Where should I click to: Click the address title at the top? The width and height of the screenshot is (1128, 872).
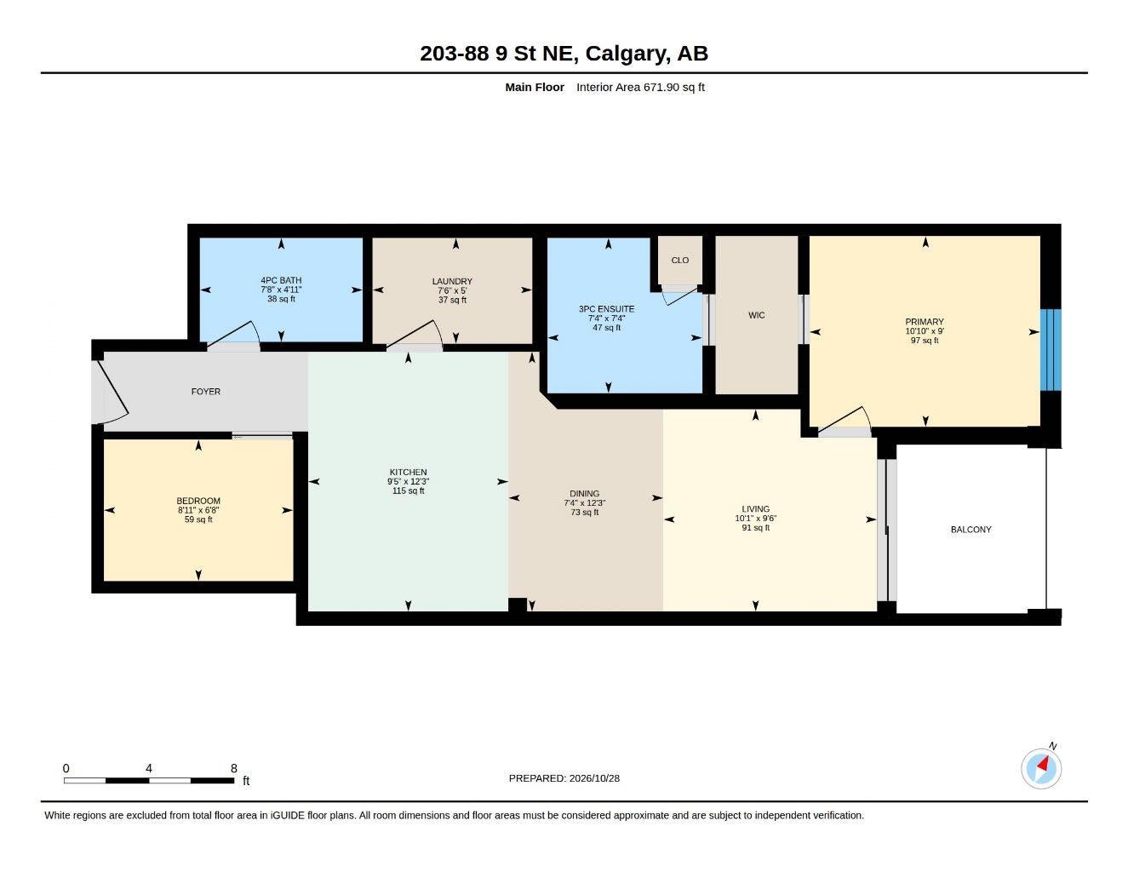(x=564, y=54)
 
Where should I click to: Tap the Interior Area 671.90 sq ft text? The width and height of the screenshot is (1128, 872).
(x=640, y=87)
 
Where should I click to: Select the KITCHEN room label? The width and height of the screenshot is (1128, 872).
(x=408, y=473)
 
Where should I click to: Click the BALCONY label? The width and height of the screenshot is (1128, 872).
(x=971, y=530)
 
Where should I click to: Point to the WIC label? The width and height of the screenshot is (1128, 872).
(x=756, y=315)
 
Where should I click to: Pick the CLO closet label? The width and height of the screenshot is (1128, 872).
(x=680, y=260)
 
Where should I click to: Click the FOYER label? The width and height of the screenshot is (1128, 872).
(x=205, y=392)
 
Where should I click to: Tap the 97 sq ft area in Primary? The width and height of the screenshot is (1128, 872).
(x=925, y=341)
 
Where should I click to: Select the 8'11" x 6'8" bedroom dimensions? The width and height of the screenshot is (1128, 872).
(x=198, y=510)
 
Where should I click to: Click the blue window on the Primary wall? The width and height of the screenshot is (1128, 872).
(x=1051, y=350)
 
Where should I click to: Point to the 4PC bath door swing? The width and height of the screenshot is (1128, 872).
(x=233, y=333)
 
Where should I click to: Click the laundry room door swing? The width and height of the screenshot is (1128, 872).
(x=415, y=333)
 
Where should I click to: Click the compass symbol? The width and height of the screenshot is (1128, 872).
(x=1041, y=769)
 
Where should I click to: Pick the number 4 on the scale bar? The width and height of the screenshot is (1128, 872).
(x=149, y=768)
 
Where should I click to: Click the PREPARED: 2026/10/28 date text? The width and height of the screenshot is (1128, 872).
(x=564, y=778)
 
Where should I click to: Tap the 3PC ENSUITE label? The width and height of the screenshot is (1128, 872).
(x=606, y=309)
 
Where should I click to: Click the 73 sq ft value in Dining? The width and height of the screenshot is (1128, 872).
(x=585, y=513)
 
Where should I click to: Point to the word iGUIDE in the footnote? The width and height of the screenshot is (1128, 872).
(x=288, y=816)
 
